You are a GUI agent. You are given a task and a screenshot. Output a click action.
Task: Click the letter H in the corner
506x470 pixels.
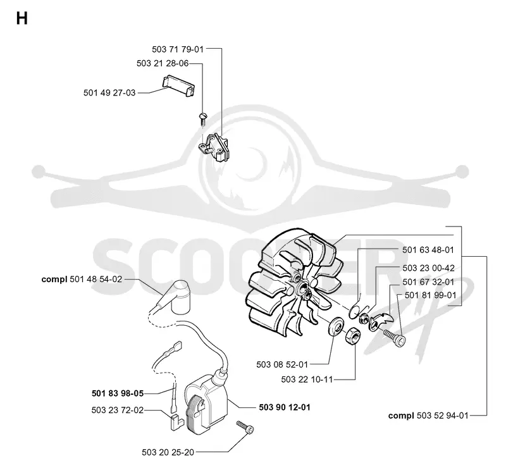[x=22, y=18]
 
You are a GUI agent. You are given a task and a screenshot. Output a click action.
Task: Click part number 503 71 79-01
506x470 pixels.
[x=178, y=49]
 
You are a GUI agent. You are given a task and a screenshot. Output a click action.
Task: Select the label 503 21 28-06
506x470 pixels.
[x=163, y=63]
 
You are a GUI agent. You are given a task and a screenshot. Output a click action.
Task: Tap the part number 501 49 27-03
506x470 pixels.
[x=109, y=93]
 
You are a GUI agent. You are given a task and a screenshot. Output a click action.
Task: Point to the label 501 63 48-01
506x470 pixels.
[x=428, y=250]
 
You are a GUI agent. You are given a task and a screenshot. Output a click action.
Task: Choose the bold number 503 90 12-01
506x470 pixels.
[x=285, y=407]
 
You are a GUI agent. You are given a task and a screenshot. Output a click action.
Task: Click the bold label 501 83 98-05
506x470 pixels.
[x=118, y=393]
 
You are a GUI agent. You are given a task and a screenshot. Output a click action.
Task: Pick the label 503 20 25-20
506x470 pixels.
[x=168, y=452]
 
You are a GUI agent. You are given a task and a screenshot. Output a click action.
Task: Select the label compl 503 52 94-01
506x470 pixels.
[x=428, y=416]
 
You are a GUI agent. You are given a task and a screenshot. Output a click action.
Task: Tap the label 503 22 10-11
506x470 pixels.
[x=307, y=380]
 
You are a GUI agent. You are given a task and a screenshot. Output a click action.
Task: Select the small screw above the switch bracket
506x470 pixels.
[x=202, y=118]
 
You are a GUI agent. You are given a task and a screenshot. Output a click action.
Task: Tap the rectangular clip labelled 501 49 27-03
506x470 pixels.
[x=178, y=85]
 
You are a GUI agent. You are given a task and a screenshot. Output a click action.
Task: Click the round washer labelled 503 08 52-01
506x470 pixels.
[x=336, y=326]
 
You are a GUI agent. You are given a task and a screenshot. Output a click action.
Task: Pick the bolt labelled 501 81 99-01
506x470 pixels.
[x=394, y=337]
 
